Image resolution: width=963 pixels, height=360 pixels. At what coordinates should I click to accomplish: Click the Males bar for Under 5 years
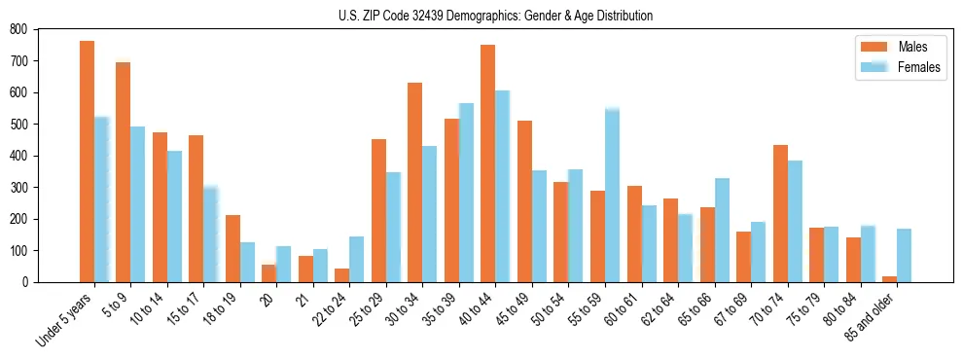coord(87,162)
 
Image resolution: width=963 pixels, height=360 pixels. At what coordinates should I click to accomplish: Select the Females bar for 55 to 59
coord(613,196)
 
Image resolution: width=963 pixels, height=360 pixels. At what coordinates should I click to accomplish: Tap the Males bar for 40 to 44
coord(488,163)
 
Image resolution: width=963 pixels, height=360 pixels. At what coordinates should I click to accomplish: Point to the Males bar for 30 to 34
coord(415,182)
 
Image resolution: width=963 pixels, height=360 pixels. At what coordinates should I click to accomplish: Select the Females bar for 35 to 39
coord(467,193)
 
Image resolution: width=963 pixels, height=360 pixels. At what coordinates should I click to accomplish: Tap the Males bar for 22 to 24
coord(342,275)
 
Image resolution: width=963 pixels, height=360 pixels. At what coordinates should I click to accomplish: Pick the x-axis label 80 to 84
coord(843,309)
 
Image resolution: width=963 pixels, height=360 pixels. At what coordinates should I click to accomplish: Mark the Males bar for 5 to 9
coord(124,172)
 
